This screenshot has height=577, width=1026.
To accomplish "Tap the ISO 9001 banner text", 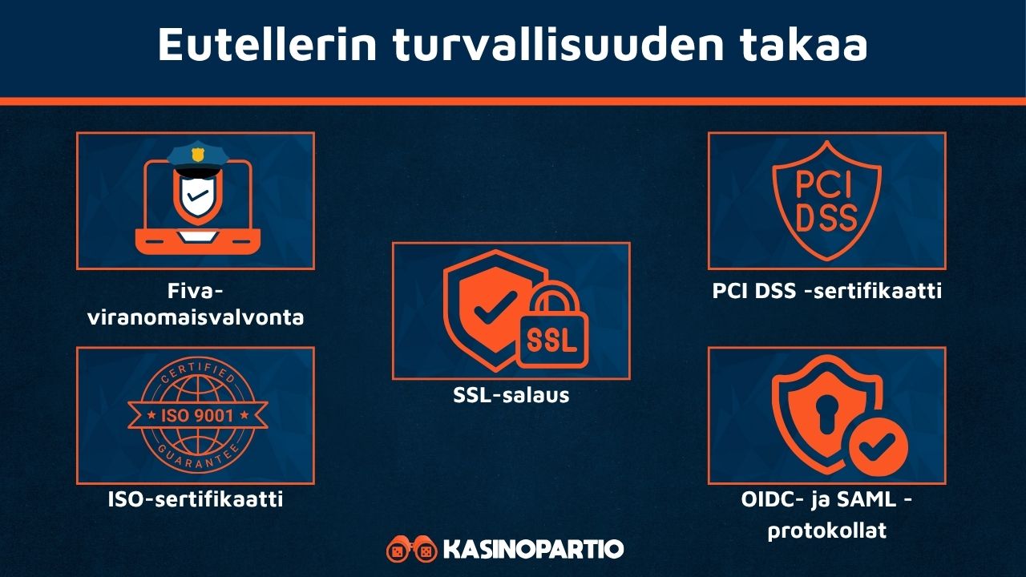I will click(x=196, y=415).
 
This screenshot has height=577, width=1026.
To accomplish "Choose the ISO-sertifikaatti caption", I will click(x=196, y=500).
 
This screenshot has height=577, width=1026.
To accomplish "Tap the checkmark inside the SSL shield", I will click(x=485, y=309).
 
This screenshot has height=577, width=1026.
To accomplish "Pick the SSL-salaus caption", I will click(x=511, y=394).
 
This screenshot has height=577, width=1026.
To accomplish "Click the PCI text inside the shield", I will click(x=826, y=184).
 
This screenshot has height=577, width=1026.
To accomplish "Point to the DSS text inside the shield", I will click(x=826, y=217).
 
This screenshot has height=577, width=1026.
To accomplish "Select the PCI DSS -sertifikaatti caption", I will click(x=826, y=291).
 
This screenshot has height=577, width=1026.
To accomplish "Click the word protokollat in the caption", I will click(x=826, y=530).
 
